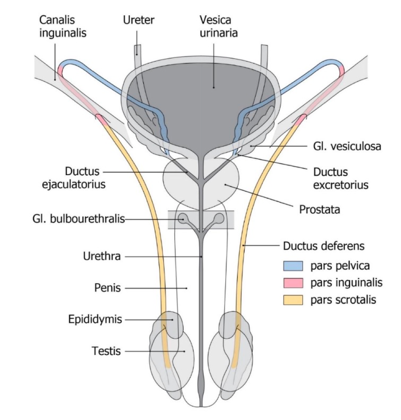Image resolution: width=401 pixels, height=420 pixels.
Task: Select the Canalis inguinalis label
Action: pyautogui.click(x=63, y=26)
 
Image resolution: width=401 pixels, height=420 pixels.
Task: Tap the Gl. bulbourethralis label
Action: pyautogui.click(x=78, y=219)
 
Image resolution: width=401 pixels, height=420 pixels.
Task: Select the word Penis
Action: pyautogui.click(x=107, y=288)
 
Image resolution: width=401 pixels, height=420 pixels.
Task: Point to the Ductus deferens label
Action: pyautogui.click(x=324, y=246)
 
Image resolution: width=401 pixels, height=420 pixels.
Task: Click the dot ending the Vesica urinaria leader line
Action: pyautogui.click(x=214, y=87)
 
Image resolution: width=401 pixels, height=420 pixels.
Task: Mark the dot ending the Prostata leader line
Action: pyautogui.click(x=225, y=185)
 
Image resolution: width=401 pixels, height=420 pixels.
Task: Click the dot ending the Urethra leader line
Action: pyautogui.click(x=201, y=256)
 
